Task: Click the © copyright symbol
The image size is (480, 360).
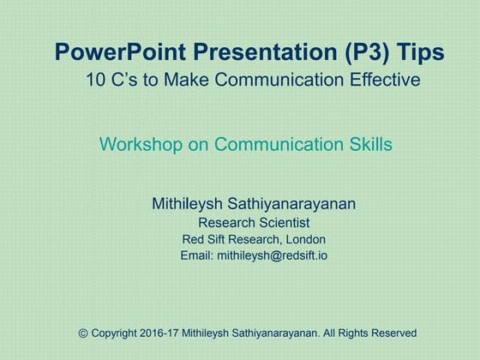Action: [83, 333]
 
